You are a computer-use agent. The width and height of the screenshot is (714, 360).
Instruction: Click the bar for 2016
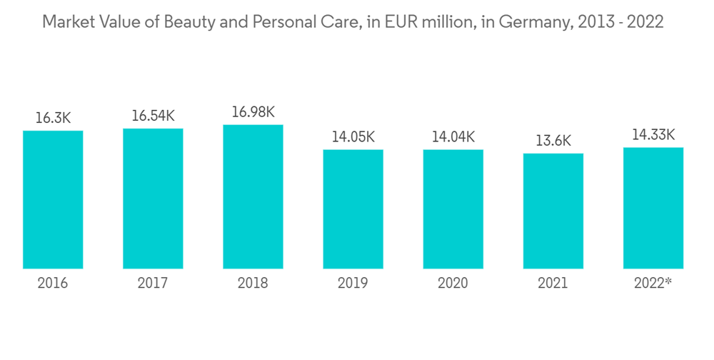(53, 200)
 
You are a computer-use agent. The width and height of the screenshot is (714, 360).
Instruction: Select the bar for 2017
(153, 199)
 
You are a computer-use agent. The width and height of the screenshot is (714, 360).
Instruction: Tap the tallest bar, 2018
(253, 197)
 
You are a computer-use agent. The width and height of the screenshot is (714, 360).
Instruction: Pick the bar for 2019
(353, 209)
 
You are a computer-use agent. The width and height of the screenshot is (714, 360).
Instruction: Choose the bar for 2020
(453, 209)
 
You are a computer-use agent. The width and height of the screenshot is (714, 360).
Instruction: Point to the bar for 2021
(553, 211)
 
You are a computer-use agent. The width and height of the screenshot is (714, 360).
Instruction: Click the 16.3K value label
(53, 118)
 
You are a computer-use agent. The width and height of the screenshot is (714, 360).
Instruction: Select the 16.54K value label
(153, 116)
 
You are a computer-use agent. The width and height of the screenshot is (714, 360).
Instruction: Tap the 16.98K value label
(253, 112)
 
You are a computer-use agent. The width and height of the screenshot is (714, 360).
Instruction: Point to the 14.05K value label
(353, 136)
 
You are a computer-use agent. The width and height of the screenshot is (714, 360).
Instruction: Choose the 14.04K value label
(453, 136)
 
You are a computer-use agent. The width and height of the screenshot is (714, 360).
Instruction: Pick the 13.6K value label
(553, 141)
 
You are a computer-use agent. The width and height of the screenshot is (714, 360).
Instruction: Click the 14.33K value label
(653, 135)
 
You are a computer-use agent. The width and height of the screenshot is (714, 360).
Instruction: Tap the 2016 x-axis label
(53, 284)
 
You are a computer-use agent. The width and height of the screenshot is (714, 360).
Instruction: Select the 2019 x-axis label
(353, 284)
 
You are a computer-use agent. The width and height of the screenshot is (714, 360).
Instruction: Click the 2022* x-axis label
(653, 284)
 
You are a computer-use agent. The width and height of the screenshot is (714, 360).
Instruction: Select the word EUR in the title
(396, 22)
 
